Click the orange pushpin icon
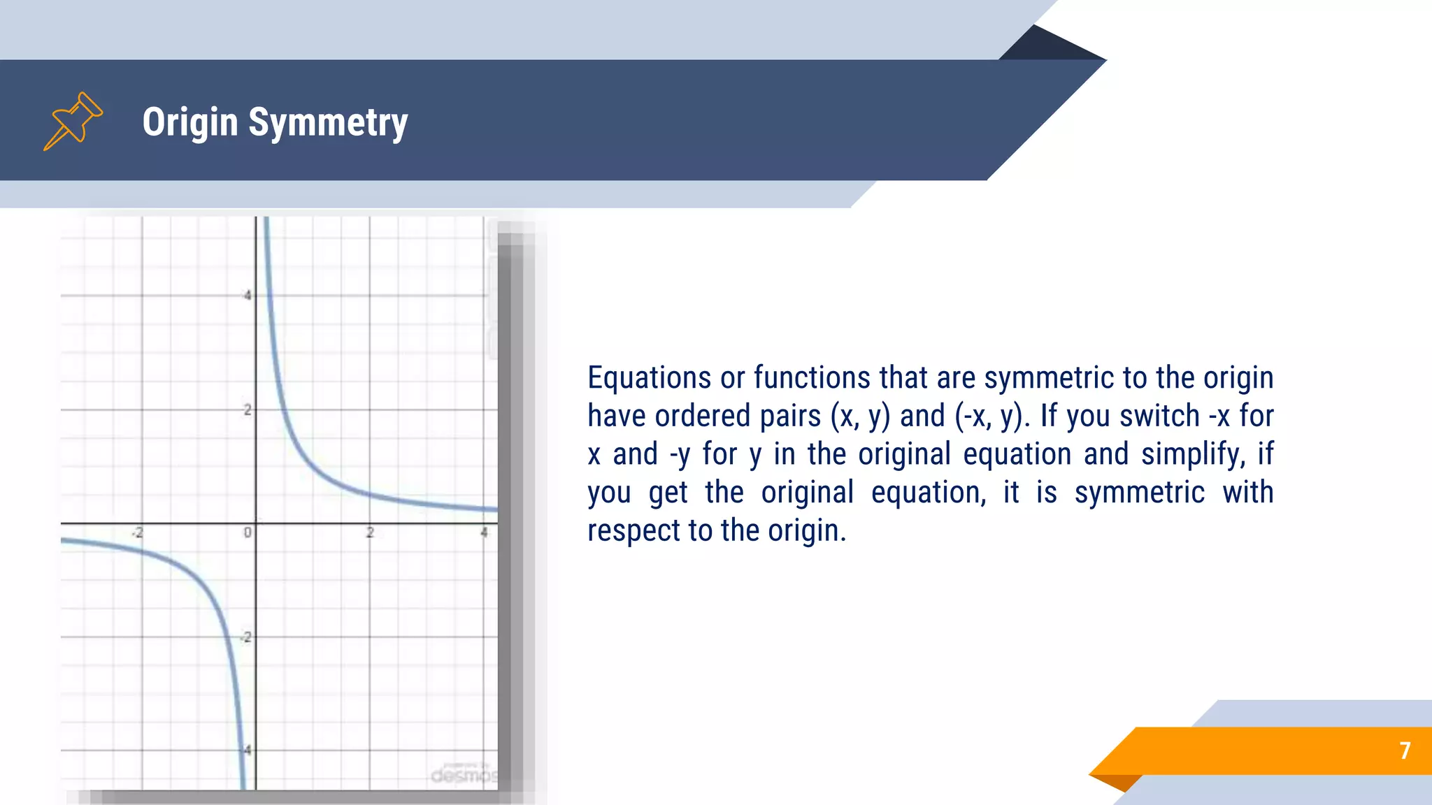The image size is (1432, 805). [x=73, y=121]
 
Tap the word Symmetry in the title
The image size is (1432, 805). [x=328, y=123]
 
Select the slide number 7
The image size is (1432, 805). [x=1405, y=750]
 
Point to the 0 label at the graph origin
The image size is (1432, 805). [x=248, y=532]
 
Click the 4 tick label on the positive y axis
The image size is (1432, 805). [x=247, y=296]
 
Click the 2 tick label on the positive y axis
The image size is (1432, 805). [x=247, y=410]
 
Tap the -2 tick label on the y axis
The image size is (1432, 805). [x=245, y=637]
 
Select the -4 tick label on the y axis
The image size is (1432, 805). [x=245, y=750]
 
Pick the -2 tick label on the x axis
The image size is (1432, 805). [x=138, y=533]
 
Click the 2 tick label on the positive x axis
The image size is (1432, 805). [x=370, y=532]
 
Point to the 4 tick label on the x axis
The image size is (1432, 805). [x=484, y=532]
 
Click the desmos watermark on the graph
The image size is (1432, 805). [x=464, y=775]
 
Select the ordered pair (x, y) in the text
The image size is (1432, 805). [x=860, y=416]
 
